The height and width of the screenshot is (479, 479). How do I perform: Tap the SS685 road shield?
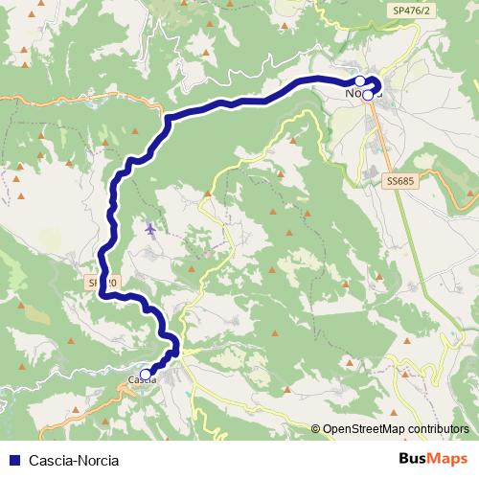pos(402,179)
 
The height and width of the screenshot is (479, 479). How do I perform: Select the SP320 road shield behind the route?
pos(103,284)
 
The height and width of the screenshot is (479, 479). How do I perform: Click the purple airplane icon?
pos(149,229)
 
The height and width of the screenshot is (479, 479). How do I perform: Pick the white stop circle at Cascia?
pos(146,375)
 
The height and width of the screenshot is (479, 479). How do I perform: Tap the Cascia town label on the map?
pos(142,381)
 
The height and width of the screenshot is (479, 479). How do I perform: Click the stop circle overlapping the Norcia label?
pos(367,95)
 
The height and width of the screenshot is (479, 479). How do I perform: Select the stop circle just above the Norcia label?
pos(360,81)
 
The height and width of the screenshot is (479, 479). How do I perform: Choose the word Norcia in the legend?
pos(99,460)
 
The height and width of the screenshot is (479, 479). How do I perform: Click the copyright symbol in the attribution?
pos(315,430)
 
